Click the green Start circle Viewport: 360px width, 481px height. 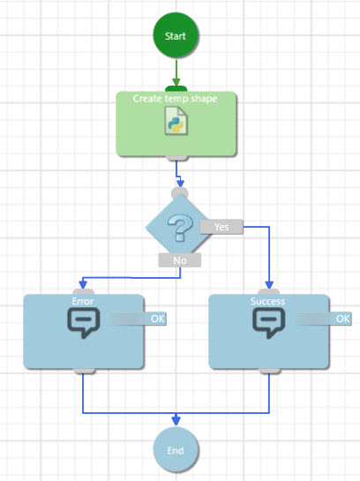176,35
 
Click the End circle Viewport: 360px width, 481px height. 176,449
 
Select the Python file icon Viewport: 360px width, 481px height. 176,121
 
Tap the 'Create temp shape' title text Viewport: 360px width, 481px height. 175,99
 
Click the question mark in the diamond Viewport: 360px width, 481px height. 180,228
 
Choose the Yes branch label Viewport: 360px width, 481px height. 221,227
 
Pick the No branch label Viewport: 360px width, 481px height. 180,260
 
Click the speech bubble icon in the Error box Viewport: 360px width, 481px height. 84,322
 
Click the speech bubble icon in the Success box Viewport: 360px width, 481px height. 268,322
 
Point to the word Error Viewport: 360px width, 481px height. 83,301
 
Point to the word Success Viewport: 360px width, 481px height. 267,301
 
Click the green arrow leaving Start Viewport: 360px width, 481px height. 176,73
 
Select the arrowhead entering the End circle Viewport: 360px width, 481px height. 176,420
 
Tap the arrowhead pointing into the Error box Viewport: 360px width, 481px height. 83,284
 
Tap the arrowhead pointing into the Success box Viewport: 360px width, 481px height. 269,284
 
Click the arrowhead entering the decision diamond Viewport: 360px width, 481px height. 181,182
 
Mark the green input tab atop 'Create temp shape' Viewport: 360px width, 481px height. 176,89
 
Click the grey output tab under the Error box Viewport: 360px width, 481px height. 84,371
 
